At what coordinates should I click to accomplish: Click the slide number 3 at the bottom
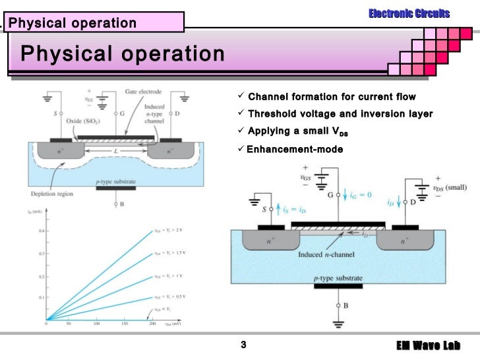click(x=243, y=345)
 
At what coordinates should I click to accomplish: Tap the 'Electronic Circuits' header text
click(x=409, y=13)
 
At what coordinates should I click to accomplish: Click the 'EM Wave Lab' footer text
click(x=428, y=346)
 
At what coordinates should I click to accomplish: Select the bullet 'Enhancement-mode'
click(x=295, y=149)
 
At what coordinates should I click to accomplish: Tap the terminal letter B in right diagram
click(x=344, y=307)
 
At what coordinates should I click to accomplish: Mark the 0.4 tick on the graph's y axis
click(x=42, y=231)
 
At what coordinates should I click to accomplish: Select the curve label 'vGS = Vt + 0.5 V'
click(x=173, y=297)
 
